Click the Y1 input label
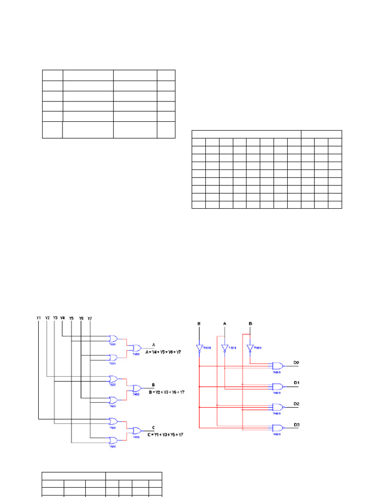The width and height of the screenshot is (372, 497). (39, 318)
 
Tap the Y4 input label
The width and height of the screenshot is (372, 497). (62, 318)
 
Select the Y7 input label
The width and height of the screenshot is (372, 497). (90, 318)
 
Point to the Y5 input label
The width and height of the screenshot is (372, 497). (71, 318)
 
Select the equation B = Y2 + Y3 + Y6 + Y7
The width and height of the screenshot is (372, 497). (160, 392)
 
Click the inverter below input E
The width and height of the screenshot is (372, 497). (199, 348)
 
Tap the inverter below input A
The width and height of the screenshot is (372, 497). (225, 348)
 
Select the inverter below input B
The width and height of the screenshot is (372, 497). (250, 348)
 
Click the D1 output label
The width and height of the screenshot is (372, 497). (297, 383)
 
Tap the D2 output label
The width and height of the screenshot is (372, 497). (297, 404)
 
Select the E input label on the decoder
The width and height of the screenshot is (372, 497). (199, 323)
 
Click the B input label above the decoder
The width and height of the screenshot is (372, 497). (250, 323)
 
